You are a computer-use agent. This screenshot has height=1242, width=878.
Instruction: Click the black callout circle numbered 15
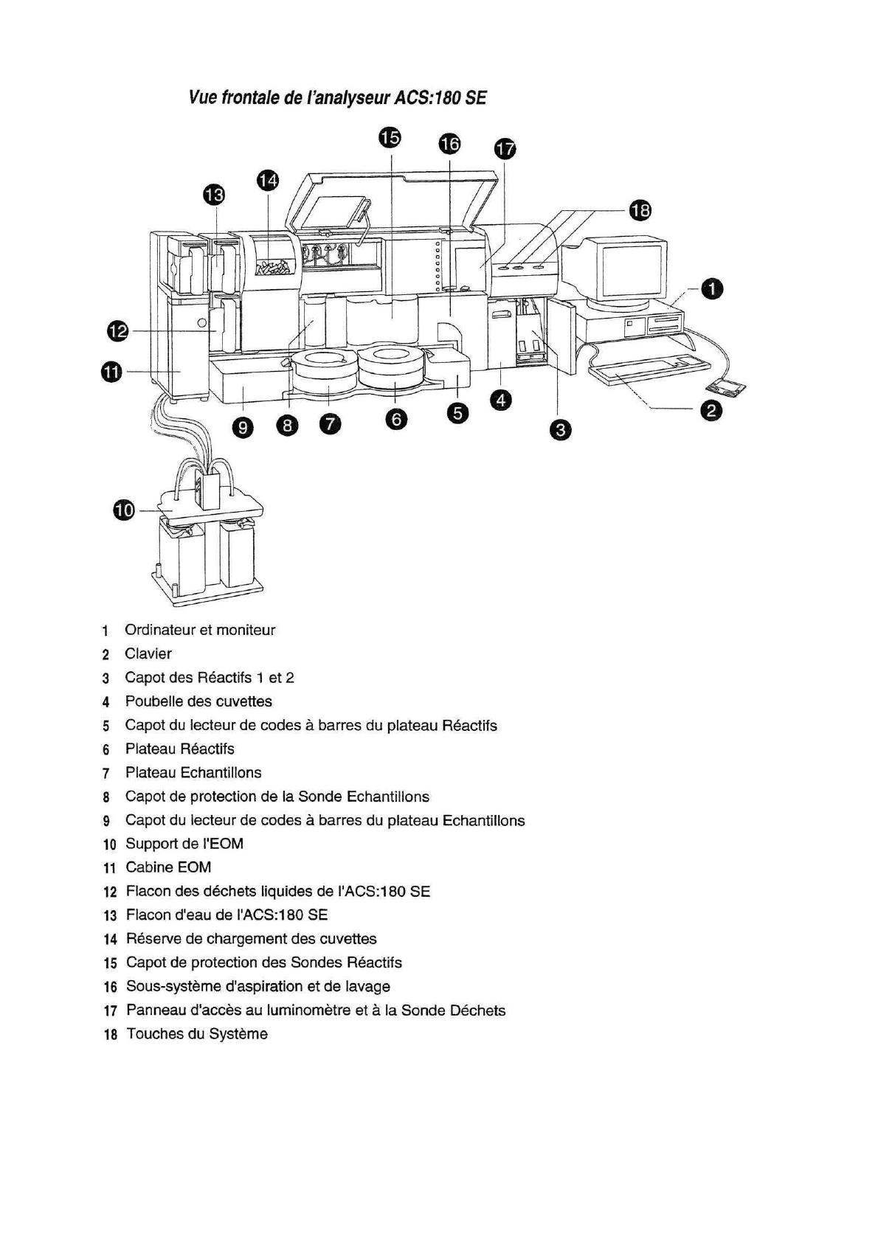point(390,138)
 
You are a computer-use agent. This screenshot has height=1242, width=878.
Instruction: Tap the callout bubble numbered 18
point(640,211)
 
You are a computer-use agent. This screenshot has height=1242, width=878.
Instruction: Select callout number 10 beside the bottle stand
point(125,510)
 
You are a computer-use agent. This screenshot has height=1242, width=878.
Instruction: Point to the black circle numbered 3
point(560,430)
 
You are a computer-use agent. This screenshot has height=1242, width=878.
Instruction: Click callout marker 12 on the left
point(117,332)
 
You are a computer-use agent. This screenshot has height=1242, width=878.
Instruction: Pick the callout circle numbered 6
point(396,419)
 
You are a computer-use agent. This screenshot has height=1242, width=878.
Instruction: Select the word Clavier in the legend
point(148,653)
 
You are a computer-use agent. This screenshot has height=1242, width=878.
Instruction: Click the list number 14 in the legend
point(111,940)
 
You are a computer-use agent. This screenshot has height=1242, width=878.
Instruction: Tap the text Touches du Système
point(197,1034)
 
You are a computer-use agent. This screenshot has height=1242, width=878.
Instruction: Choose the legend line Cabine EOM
point(168,867)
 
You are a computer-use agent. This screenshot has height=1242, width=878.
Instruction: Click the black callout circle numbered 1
point(711,289)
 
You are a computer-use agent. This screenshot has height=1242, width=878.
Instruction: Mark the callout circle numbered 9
point(243,426)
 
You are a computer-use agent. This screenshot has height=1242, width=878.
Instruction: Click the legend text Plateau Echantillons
point(193,772)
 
